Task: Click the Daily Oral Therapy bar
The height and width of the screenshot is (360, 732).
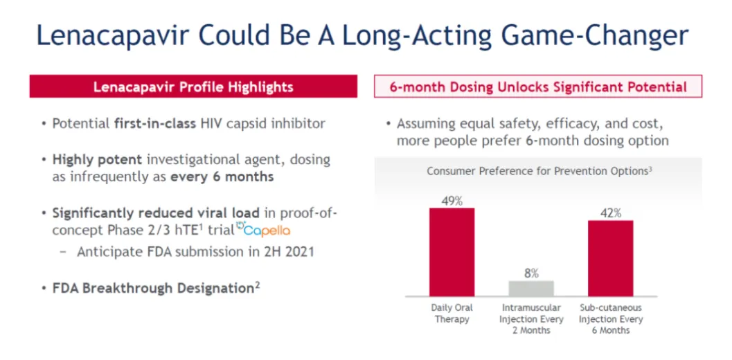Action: coord(452,252)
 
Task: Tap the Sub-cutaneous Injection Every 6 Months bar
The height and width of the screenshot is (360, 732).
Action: coord(610,258)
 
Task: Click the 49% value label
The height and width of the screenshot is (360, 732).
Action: coord(452,201)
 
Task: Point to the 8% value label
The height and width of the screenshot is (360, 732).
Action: coord(531,273)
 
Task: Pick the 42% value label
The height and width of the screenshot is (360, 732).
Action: coord(610,213)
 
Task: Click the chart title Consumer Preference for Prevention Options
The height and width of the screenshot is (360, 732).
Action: coord(538,171)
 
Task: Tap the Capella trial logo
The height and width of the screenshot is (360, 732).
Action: coord(263,230)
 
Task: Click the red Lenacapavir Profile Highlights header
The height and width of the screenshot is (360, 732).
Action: coord(193,87)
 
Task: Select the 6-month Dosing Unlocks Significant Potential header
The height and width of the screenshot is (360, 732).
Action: coord(538,87)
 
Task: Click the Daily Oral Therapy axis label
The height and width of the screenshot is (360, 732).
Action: coord(452,314)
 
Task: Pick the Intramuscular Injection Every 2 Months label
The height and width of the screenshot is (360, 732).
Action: coord(531,319)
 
